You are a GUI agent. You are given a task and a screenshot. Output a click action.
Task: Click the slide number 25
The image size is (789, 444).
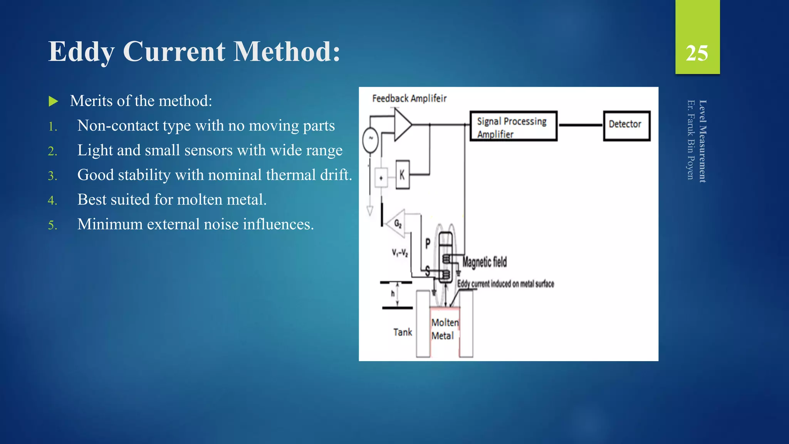coord(697,53)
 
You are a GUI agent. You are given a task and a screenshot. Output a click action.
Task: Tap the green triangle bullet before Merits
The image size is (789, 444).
coord(53,101)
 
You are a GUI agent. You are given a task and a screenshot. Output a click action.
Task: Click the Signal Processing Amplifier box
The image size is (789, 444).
coord(513,126)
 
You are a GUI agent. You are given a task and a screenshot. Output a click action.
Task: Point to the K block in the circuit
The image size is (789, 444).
coord(403,175)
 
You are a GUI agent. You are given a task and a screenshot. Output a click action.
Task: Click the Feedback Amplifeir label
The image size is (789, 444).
coord(409,99)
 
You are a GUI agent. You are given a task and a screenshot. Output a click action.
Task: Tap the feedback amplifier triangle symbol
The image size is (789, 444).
coord(402,124)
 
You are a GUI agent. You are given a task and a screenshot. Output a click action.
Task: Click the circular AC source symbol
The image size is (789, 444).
coord(371,140)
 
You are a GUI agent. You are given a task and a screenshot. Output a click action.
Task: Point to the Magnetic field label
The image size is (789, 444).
coord(485,262)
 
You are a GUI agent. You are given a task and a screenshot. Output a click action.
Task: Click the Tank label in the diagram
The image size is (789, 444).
coord(403,332)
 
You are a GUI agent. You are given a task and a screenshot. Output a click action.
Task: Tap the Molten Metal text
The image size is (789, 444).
coord(445,329)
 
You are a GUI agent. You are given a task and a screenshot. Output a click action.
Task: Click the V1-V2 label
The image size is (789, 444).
coord(400,253)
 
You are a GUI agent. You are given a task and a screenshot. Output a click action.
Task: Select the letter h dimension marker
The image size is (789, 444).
coord(393,294)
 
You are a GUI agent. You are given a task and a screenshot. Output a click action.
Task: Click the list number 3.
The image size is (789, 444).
coord(52,176)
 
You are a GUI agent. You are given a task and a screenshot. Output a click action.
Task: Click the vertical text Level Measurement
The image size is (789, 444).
coord(702,141)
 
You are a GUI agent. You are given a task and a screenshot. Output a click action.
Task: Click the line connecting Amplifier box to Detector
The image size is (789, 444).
coord(580,125)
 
